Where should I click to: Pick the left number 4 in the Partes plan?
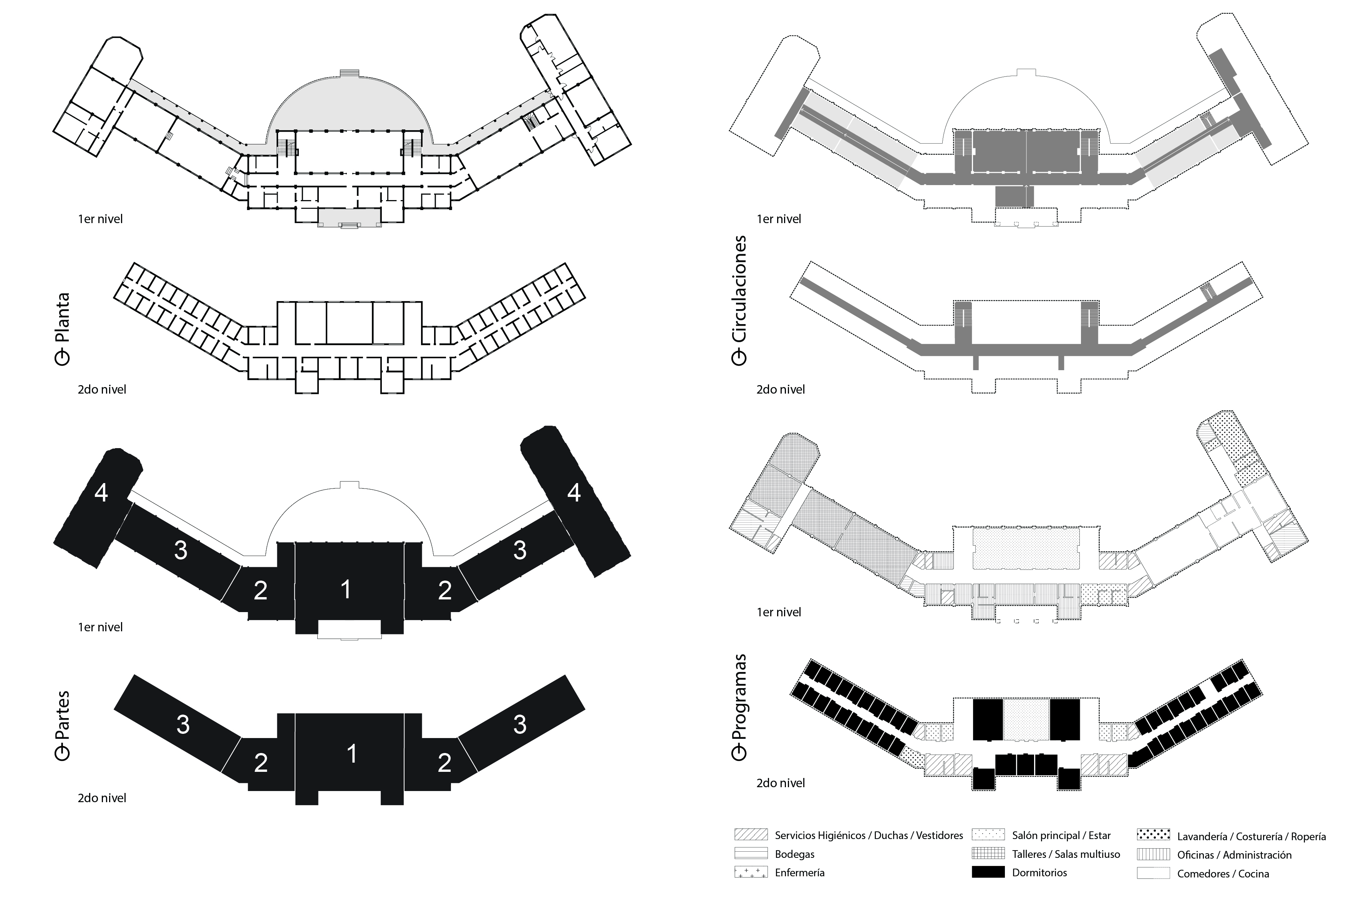[101, 493]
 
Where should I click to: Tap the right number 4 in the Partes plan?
[574, 492]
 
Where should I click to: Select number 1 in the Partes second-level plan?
[351, 754]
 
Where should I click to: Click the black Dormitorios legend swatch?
[988, 872]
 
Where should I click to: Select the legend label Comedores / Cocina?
[1223, 874]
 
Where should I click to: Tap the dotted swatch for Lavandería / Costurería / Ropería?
[1153, 835]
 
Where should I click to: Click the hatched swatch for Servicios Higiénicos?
[751, 835]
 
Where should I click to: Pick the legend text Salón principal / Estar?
[1061, 835]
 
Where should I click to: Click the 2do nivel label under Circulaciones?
[780, 390]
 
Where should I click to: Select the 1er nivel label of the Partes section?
[100, 627]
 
